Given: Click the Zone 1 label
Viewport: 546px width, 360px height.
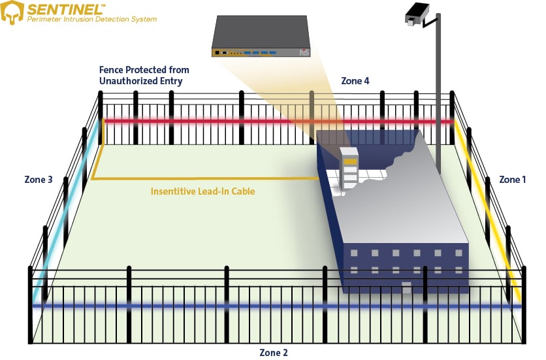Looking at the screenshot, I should (512, 179).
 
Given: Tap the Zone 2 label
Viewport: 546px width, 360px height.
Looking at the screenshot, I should (274, 352).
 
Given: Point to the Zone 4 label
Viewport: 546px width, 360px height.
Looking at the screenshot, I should (355, 81).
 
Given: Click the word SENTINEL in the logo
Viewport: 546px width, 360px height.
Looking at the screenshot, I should (63, 8).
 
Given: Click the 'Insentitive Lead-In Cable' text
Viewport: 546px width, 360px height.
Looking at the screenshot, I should (202, 191).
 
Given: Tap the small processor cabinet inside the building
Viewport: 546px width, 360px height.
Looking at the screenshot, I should (350, 169).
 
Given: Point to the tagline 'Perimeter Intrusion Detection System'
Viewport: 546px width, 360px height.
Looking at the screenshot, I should (92, 20).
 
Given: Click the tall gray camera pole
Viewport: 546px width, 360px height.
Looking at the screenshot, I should (438, 98).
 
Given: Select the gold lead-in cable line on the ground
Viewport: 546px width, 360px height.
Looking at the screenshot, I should (196, 178).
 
